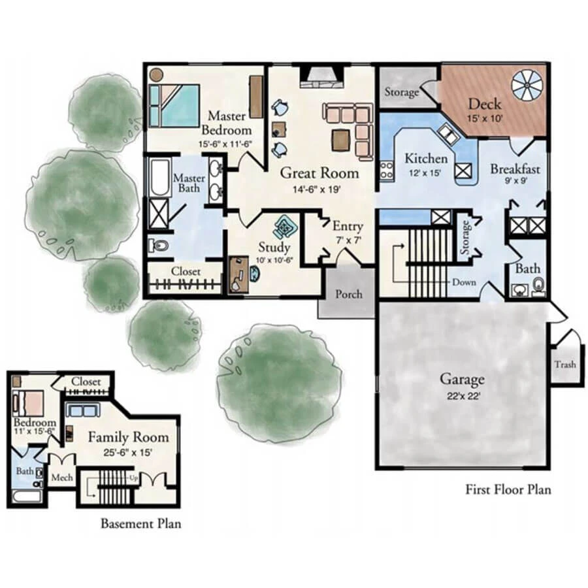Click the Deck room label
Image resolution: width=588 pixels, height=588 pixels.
(x=484, y=104)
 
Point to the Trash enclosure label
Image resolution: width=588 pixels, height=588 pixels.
(x=564, y=365)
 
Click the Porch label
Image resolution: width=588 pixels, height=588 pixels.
(x=349, y=293)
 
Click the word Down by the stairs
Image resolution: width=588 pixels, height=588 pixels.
(x=465, y=282)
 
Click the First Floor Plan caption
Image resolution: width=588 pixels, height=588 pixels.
(x=508, y=489)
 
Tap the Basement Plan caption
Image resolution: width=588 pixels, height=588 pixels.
(x=140, y=523)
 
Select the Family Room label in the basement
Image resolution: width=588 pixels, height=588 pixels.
(x=129, y=437)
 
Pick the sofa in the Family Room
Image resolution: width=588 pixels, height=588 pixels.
(x=84, y=411)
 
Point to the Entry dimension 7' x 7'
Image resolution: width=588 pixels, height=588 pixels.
(x=348, y=240)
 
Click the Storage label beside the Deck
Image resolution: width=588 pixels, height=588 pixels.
(x=401, y=92)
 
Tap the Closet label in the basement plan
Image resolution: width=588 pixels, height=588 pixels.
(x=86, y=382)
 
